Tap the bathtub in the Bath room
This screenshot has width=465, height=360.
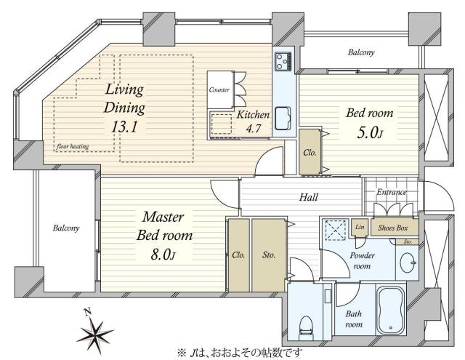pyautogui.click(x=391, y=311)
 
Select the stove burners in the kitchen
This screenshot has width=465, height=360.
pyautogui.click(x=283, y=61)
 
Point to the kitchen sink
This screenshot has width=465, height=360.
pyautogui.click(x=283, y=118)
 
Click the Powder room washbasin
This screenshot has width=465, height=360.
pyautogui.click(x=408, y=263)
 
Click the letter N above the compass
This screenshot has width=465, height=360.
pyautogui.click(x=87, y=311)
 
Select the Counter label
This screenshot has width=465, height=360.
pyautogui.click(x=219, y=89)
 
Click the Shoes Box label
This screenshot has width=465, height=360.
pyautogui.click(x=393, y=228)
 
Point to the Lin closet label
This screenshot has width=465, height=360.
pyautogui.click(x=360, y=227)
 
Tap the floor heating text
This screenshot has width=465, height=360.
pyautogui.click(x=73, y=146)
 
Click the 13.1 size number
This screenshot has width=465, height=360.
pyautogui.click(x=124, y=127)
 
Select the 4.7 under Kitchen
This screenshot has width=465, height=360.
pyautogui.click(x=254, y=129)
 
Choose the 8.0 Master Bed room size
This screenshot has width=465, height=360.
pyautogui.click(x=163, y=255)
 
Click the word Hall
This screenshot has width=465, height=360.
pyautogui.click(x=308, y=197)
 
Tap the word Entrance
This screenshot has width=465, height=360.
pyautogui.click(x=392, y=192)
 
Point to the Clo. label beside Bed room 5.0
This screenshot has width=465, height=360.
pyautogui.click(x=310, y=153)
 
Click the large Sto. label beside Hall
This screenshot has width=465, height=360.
pyautogui.click(x=269, y=255)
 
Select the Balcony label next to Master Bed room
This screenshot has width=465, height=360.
pyautogui.click(x=66, y=228)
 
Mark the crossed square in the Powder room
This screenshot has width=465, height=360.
pyautogui.click(x=336, y=230)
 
